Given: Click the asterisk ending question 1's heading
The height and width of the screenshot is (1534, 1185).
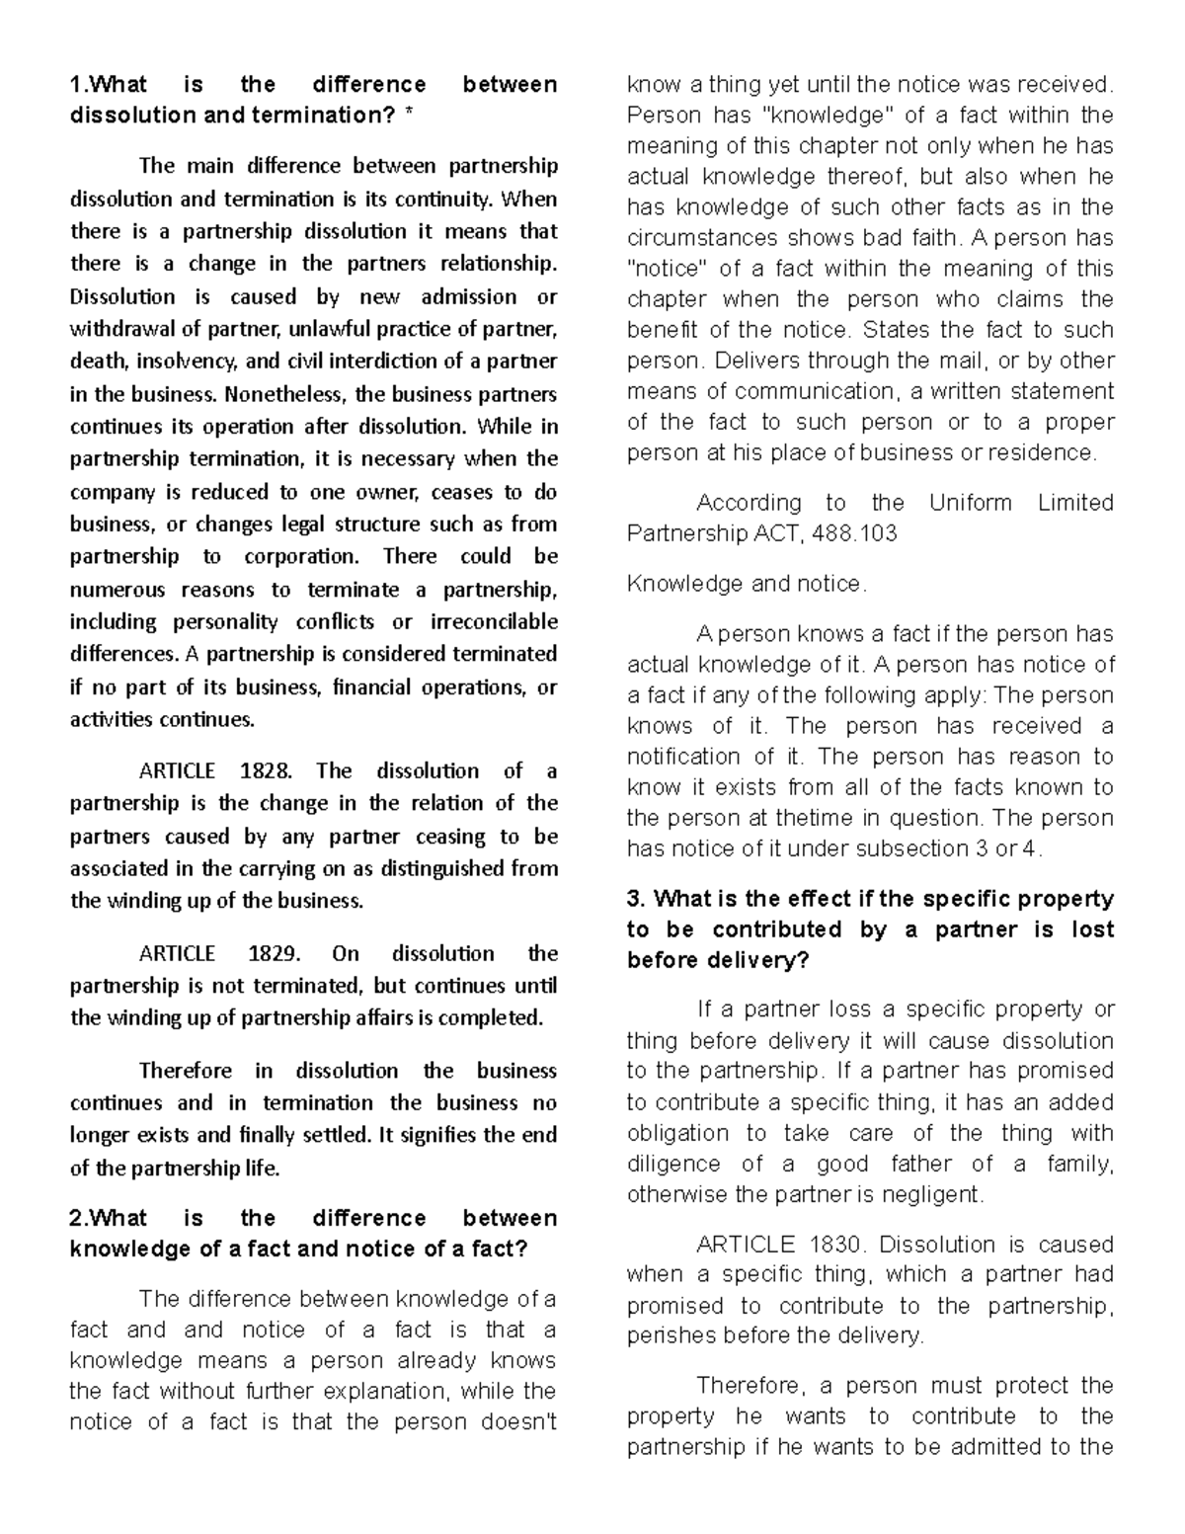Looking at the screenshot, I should coord(406,116).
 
